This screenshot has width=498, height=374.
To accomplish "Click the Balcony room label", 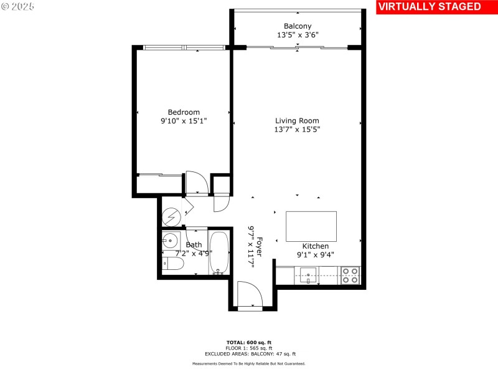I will [x=298, y=26].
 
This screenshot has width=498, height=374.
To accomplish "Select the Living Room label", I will [x=298, y=121].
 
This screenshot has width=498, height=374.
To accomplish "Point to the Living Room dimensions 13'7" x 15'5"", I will [x=298, y=130].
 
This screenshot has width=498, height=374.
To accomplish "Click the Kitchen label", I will [x=316, y=246].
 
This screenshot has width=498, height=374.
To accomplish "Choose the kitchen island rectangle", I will [x=311, y=226].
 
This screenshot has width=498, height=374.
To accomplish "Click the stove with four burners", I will [x=350, y=275].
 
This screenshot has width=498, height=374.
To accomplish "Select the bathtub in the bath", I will [x=218, y=252].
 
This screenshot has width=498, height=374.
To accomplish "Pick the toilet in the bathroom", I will [x=174, y=264].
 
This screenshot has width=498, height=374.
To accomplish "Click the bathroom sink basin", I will [x=170, y=241].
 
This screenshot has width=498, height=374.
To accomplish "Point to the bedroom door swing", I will [x=197, y=183].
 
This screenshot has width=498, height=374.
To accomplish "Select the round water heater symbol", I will [x=171, y=217].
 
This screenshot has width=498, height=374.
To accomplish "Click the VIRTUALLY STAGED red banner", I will [x=430, y=7].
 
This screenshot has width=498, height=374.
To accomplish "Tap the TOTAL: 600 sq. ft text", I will [x=249, y=342].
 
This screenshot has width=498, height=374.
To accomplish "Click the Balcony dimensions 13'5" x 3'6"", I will [x=298, y=35].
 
